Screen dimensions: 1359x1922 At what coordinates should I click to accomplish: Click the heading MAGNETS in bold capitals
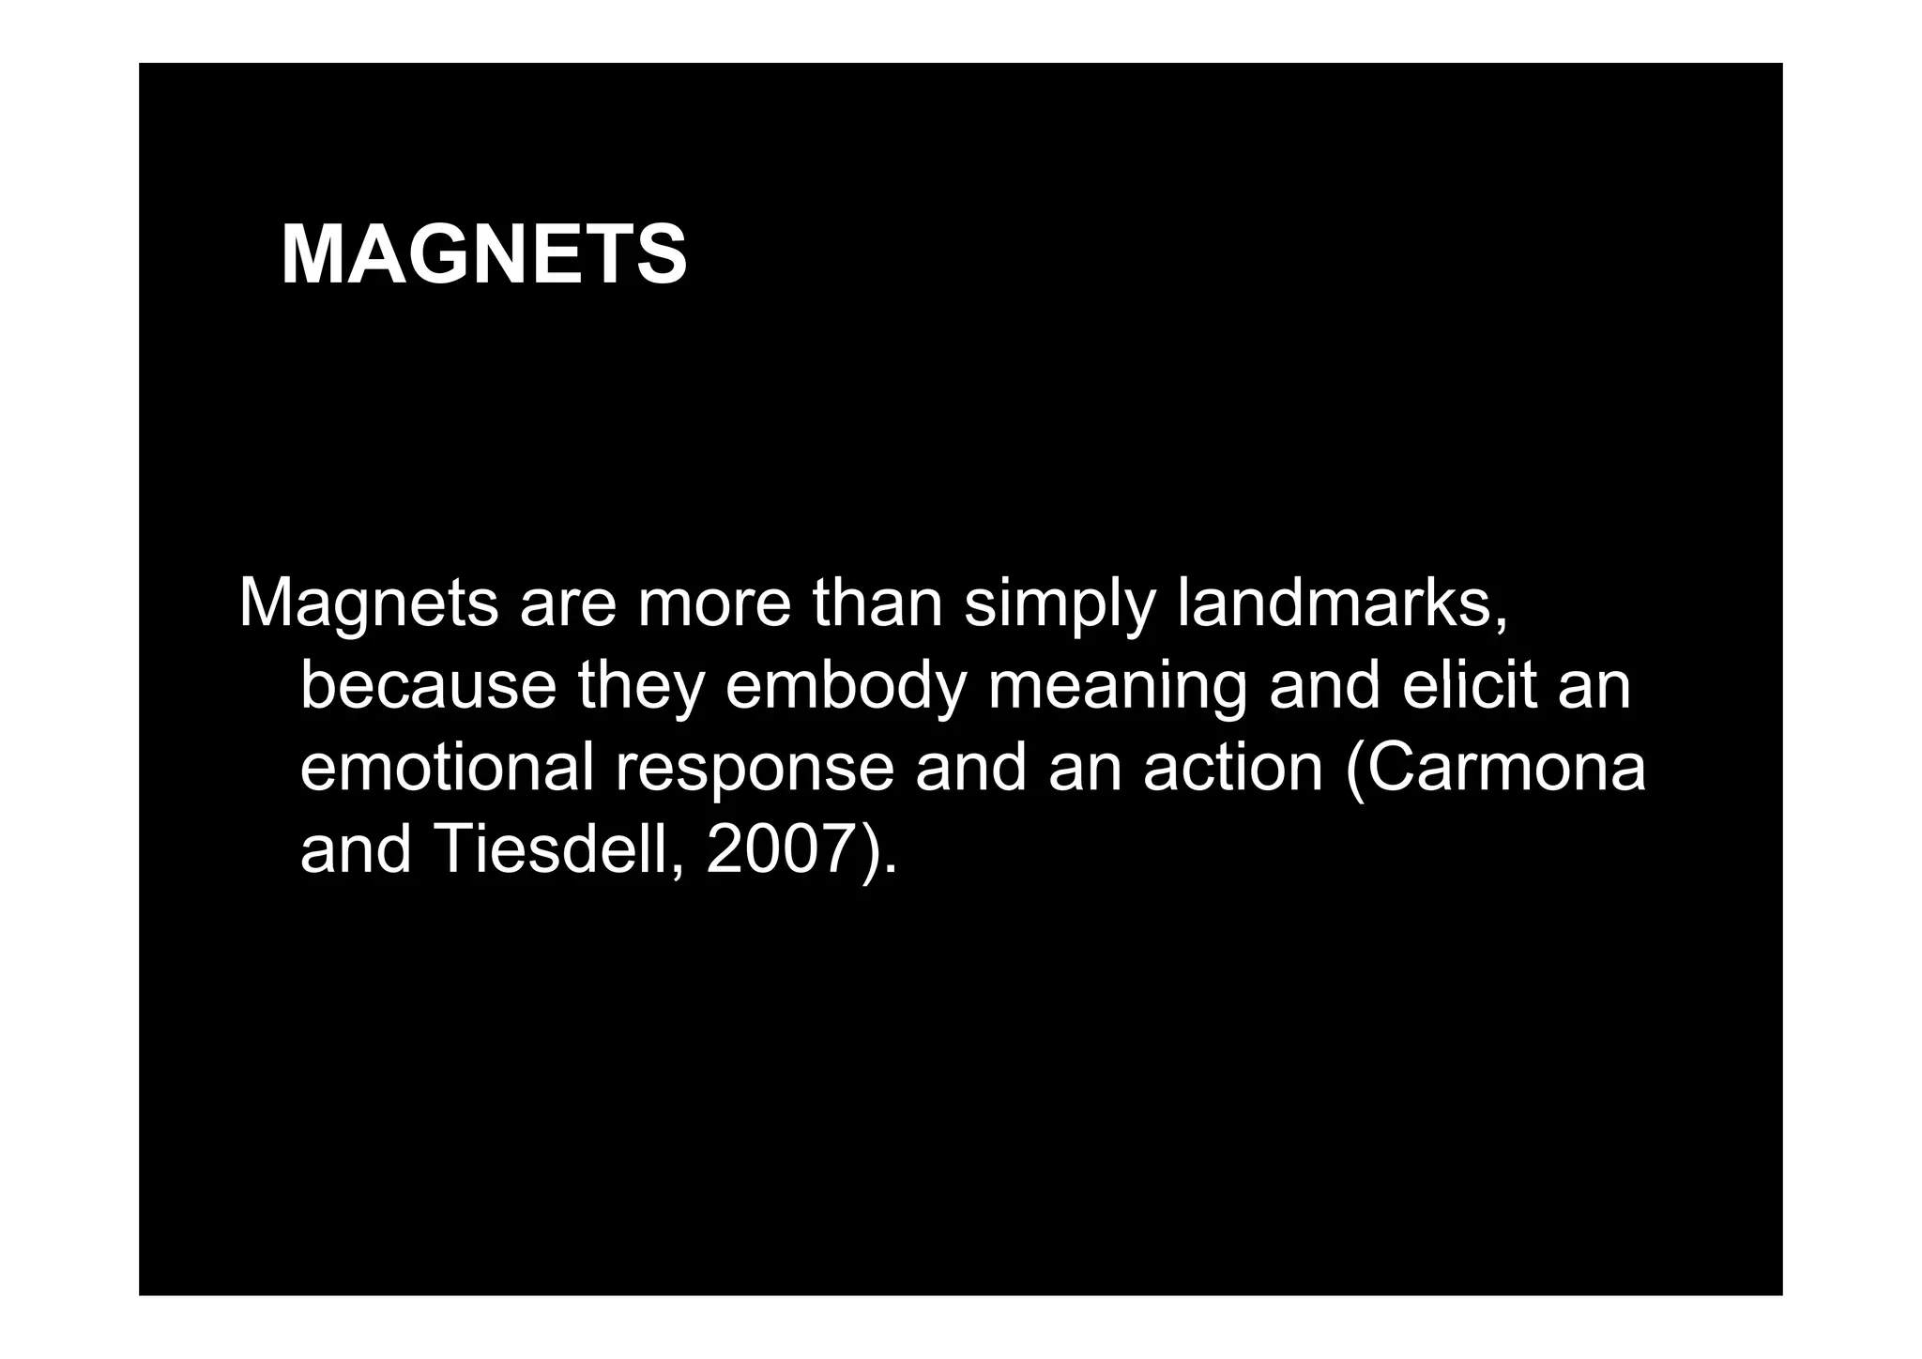(483, 255)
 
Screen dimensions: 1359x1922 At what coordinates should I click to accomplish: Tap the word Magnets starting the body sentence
(368, 603)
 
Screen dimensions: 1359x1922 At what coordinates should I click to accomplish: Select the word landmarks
(1341, 603)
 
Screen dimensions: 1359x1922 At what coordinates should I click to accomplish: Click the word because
(429, 685)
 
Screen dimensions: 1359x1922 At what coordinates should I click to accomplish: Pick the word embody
(846, 687)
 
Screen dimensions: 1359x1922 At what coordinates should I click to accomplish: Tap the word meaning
(1117, 687)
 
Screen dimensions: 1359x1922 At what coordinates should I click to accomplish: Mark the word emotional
(447, 768)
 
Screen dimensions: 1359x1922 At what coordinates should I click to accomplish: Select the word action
(1233, 768)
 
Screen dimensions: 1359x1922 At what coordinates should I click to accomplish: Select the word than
(877, 603)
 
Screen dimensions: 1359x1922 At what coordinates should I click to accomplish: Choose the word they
(641, 687)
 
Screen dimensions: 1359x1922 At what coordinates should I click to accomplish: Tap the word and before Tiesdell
(356, 849)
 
